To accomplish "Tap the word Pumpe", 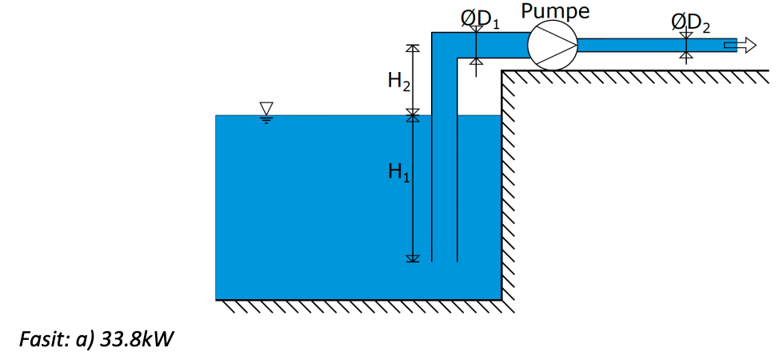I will (555, 11).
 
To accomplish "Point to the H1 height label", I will (398, 172).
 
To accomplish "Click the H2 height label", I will (398, 80).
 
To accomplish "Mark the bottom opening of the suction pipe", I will (444, 261).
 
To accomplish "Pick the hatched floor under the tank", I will (360, 306).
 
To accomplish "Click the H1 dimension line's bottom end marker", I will (413, 258).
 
